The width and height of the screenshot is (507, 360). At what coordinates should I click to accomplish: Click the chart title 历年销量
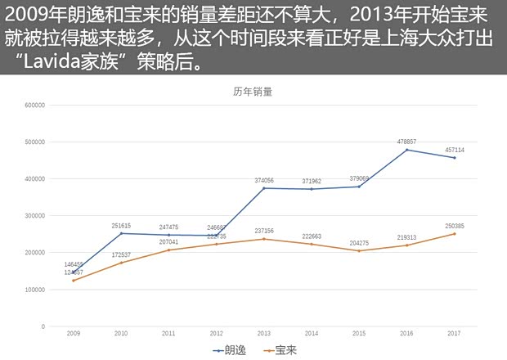tap(253, 92)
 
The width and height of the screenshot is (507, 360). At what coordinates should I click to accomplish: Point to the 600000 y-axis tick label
tap(34, 105)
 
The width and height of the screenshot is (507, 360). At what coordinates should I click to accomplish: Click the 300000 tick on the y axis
tap(34, 216)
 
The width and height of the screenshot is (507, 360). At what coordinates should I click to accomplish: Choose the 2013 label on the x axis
tap(264, 334)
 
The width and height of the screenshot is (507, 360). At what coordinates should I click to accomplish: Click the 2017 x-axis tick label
tap(455, 334)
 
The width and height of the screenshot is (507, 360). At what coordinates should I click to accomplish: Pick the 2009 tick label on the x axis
tap(73, 334)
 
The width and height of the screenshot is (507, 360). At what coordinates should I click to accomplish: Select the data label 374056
tap(264, 180)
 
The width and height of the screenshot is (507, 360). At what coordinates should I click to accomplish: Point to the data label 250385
tap(455, 226)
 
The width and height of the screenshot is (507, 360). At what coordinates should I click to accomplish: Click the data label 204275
tap(360, 243)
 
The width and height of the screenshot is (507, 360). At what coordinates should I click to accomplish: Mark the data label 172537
tap(121, 254)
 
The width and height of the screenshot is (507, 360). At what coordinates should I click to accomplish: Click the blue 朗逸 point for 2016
tap(407, 150)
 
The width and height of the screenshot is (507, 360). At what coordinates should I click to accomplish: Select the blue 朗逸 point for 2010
tap(121, 233)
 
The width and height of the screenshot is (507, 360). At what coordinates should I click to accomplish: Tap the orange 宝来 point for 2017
tap(455, 234)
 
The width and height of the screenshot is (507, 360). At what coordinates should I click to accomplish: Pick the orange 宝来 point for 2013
tap(264, 239)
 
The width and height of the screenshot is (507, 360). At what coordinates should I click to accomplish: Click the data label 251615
tap(121, 225)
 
